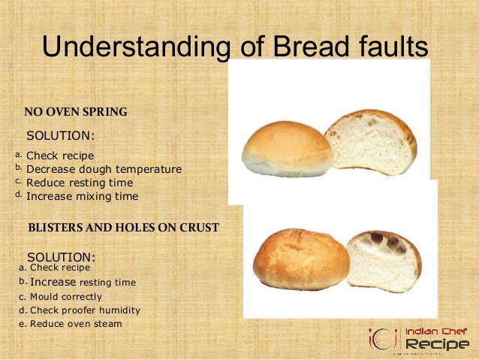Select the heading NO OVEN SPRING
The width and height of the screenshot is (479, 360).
pos(76,113)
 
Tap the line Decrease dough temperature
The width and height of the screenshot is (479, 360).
pos(104,169)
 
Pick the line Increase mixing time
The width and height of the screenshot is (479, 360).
pos(83,196)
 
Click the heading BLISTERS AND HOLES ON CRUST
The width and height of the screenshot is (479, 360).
pos(123,226)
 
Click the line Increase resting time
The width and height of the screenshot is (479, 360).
pos(83,283)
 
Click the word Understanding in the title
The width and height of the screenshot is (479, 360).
pos(134,47)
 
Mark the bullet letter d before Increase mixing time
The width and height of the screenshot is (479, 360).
pos(19,195)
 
